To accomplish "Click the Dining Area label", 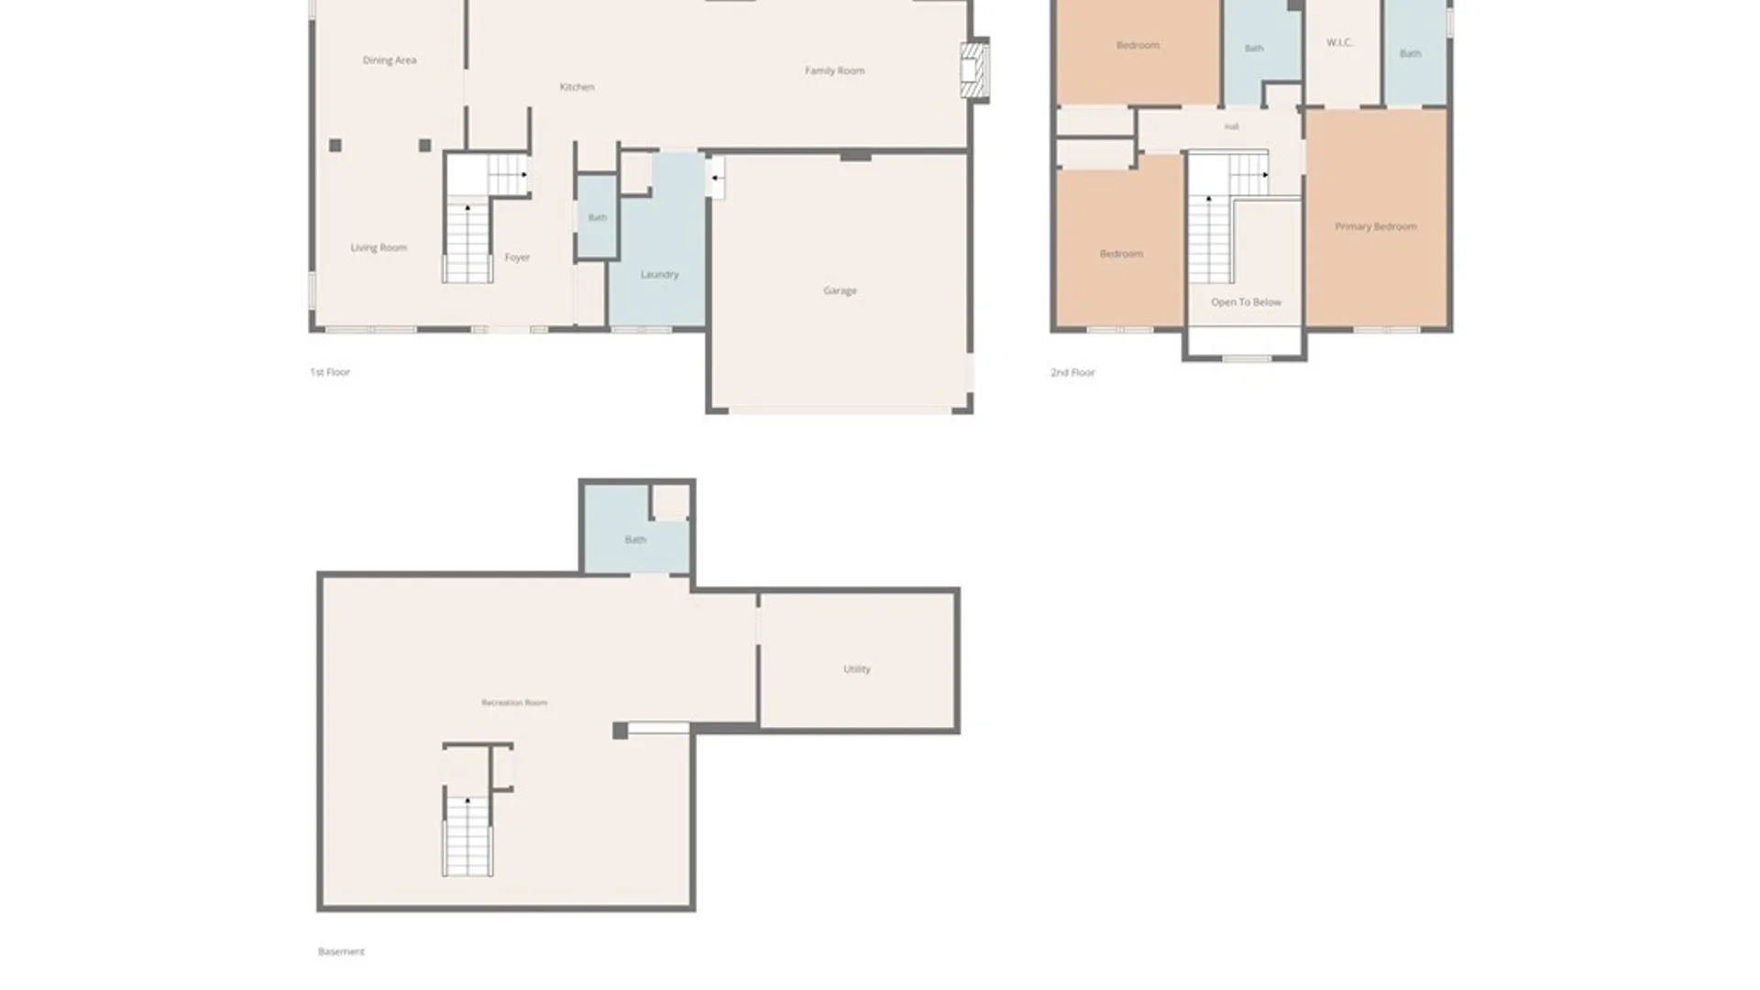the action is tap(390, 60).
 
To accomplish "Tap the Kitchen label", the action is tap(577, 87).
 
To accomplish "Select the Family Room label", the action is tap(834, 71).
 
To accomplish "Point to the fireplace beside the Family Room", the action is tap(974, 70).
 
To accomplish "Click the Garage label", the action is tap(840, 291).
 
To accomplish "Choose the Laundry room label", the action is tap(659, 274).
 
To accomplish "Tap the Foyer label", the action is tap(517, 258).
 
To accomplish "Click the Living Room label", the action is tap(379, 247).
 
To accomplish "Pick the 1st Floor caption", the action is tap(330, 372).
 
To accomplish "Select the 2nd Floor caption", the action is tap(1072, 372).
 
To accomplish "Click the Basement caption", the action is tap(341, 951).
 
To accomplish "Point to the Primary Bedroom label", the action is tap(1376, 226).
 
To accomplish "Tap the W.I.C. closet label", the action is tap(1339, 42).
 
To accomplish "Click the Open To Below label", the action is tap(1246, 302).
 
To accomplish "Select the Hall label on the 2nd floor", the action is tap(1231, 126).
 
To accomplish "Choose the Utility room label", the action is tap(857, 669).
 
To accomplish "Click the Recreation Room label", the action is tap(514, 703).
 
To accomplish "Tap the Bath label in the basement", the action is tap(635, 540).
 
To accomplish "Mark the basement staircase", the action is tap(468, 836).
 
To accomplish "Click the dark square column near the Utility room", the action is tap(621, 731).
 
